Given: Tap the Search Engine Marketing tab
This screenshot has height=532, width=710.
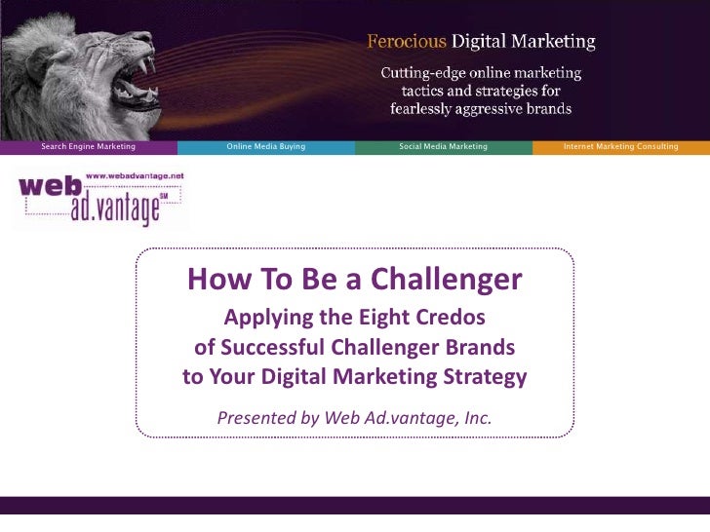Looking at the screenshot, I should click(88, 146).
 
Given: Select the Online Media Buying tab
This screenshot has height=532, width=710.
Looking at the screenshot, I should click(265, 146).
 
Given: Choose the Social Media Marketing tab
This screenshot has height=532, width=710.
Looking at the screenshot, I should click(443, 146).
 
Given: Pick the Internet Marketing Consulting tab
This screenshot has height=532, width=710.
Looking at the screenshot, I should click(620, 146).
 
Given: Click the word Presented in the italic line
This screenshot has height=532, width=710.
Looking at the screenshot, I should click(256, 419).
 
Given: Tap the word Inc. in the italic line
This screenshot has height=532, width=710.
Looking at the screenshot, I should click(475, 419).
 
